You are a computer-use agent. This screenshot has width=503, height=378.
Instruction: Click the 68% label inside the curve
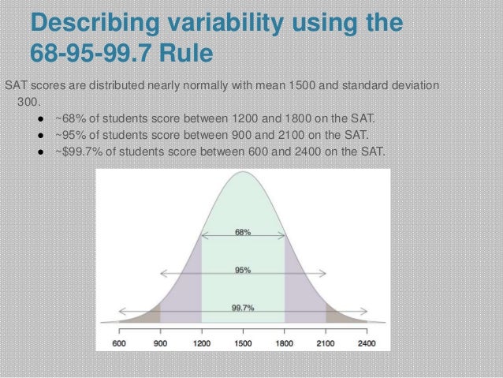point(243,232)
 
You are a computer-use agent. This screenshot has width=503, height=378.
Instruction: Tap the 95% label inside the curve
point(243,270)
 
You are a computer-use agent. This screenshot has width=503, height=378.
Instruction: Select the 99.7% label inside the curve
point(243,308)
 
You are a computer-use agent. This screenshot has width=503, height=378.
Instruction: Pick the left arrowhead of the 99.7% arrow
point(121,313)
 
